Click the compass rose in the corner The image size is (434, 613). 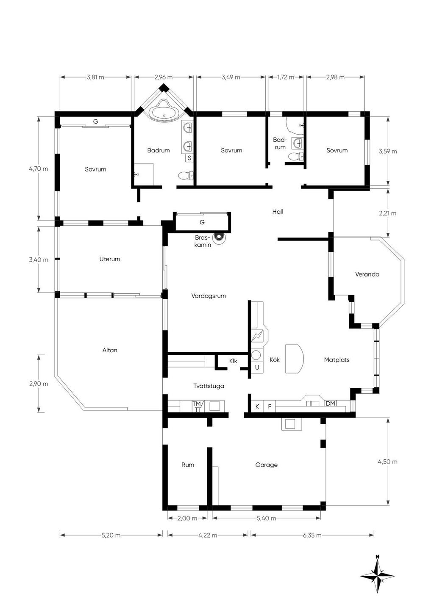377,573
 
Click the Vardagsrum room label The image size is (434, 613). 209,296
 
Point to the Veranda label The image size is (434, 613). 367,274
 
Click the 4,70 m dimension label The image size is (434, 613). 39,169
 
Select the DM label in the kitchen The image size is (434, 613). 330,403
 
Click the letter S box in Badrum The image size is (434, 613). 189,158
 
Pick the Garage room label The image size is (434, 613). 266,465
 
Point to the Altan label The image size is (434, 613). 110,350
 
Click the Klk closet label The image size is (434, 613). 233,361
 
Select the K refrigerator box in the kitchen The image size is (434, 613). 257,406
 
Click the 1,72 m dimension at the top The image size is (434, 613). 286,77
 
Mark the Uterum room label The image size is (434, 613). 110,259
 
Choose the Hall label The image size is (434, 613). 278,212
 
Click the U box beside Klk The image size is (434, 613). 257,367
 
